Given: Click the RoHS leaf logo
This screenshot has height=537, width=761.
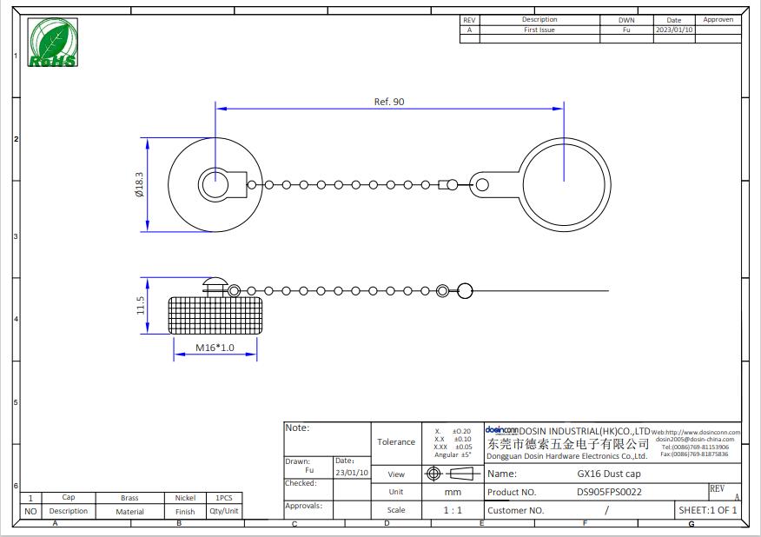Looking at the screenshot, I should click(52, 43).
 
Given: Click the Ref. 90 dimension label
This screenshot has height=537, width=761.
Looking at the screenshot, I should click(389, 102).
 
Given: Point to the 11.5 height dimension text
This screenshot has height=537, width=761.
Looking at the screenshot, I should click(139, 306).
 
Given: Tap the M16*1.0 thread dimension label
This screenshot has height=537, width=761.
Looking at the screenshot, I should click(215, 348).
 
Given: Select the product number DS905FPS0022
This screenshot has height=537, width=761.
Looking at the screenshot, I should click(610, 492).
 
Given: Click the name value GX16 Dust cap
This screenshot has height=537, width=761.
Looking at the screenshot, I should click(609, 474).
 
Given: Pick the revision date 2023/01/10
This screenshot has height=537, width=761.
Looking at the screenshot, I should click(674, 30).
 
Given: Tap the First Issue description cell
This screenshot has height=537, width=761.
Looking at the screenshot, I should click(539, 30).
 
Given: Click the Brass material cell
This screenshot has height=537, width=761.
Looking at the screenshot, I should click(129, 498).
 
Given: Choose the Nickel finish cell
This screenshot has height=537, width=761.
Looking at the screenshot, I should click(185, 498).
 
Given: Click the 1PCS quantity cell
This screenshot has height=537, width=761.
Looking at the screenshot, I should click(223, 498).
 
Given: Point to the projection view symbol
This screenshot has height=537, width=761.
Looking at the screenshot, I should click(452, 474).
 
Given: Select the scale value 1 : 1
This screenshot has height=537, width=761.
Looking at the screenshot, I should click(452, 510).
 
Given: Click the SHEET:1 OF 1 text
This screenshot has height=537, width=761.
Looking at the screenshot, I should click(707, 510).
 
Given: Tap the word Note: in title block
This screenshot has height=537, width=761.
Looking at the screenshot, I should click(297, 428).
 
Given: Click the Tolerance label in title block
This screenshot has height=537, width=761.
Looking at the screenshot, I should click(396, 441).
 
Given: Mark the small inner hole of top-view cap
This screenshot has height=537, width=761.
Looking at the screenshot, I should click(213, 184).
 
